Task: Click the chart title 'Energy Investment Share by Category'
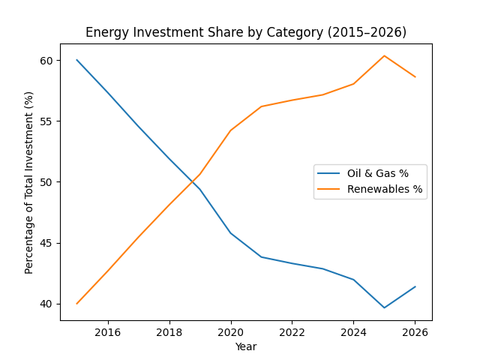click(x=246, y=32)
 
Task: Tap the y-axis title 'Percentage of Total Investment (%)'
click(x=29, y=182)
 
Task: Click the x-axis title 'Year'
click(x=246, y=346)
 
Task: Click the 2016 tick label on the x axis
click(x=108, y=332)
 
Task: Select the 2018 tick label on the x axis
click(x=169, y=332)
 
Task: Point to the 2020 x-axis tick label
click(x=231, y=332)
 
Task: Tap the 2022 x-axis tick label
click(x=292, y=332)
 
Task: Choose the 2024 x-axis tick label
click(x=353, y=332)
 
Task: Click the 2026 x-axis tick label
click(x=415, y=332)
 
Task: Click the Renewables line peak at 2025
click(x=384, y=55)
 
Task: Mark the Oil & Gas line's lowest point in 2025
click(x=384, y=307)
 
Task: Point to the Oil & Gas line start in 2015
click(x=77, y=60)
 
